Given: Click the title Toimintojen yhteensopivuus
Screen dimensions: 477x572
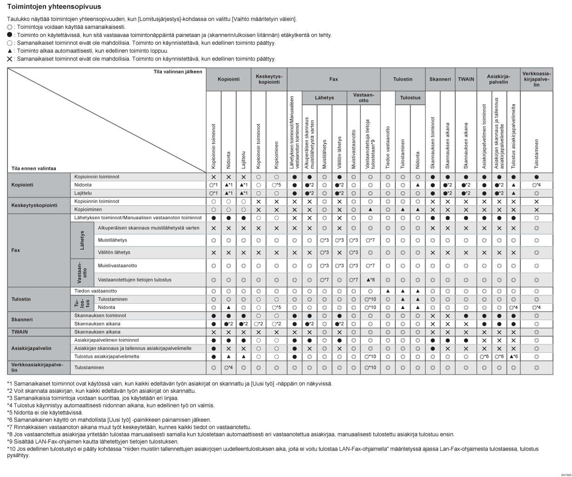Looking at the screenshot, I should pos(54,7).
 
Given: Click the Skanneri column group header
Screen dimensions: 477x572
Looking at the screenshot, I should pos(440,79).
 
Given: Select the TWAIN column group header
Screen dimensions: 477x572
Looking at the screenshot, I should pos(466,79).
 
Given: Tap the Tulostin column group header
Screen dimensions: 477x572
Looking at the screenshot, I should pos(403,79).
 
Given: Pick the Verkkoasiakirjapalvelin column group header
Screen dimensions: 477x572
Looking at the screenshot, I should pos(537,79).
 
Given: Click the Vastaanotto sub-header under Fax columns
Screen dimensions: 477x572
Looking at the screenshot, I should pos(364,98).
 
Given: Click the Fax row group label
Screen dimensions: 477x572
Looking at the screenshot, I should pos(16,250).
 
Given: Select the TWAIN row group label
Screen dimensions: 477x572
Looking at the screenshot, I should pos(20,332).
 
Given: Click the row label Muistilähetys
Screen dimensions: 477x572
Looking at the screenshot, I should pos(112,240).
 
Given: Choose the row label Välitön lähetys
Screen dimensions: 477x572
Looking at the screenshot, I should pos(114,252).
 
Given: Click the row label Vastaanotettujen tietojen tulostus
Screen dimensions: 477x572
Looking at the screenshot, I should pos(135,280).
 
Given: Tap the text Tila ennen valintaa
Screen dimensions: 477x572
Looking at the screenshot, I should pos(33,168).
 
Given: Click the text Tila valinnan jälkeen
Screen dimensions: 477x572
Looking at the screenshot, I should pos(178,71).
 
